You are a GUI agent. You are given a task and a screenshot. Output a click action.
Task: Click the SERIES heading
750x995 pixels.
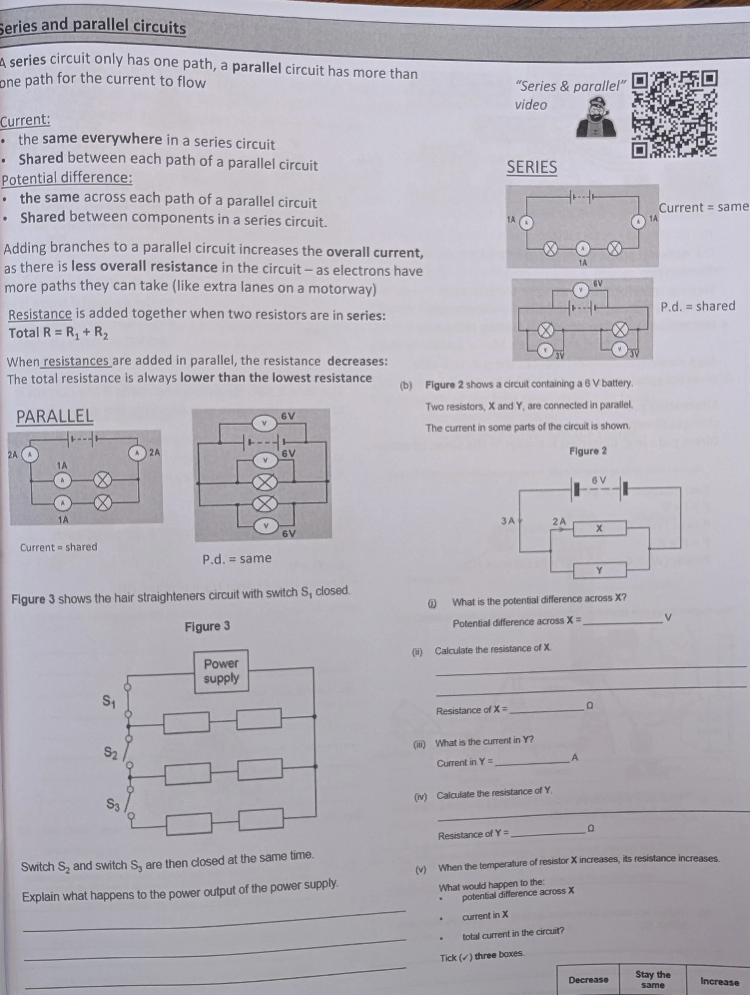click(x=532, y=167)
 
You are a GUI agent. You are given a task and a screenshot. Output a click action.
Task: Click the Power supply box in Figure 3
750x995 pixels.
click(x=221, y=671)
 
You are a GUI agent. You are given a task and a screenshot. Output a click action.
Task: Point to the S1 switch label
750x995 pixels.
click(x=109, y=701)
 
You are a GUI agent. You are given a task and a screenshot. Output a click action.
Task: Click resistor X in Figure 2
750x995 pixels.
click(x=599, y=529)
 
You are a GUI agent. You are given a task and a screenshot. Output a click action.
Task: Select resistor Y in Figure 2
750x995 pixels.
click(x=599, y=570)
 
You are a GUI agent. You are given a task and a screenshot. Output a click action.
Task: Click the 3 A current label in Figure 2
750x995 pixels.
click(x=508, y=521)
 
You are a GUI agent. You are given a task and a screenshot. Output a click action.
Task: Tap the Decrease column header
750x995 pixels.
click(x=588, y=980)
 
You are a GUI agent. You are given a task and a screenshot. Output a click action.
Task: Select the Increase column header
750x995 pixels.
click(x=719, y=982)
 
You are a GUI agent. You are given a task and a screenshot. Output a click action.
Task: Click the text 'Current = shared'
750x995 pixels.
click(x=58, y=547)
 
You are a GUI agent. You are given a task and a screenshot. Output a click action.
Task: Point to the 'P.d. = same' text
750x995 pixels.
click(x=237, y=558)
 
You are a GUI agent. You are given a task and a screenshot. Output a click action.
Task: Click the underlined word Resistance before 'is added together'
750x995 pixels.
click(x=40, y=314)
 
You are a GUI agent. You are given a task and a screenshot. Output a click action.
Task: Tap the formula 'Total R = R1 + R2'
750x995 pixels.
click(x=58, y=333)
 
